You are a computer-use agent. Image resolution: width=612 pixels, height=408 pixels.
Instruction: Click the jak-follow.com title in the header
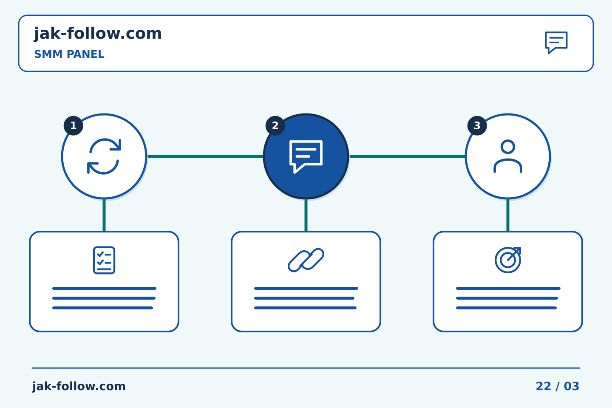click(x=98, y=34)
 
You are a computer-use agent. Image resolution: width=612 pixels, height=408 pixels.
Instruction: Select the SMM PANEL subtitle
click(x=69, y=54)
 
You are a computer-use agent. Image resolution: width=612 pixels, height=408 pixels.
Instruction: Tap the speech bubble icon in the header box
click(x=556, y=42)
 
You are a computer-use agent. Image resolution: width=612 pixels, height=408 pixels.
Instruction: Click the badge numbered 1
click(x=73, y=126)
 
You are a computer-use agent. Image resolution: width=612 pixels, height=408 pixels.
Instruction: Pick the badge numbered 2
click(x=275, y=126)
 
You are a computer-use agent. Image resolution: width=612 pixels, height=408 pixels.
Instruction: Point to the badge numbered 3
click(x=477, y=126)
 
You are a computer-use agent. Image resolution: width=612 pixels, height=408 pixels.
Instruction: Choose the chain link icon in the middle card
click(x=306, y=260)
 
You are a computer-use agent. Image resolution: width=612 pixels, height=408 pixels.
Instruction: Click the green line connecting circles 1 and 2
click(x=205, y=156)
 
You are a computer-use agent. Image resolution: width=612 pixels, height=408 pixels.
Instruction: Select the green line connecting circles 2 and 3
click(x=407, y=156)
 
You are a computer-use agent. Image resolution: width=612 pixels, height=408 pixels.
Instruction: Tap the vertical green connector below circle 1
click(x=104, y=215)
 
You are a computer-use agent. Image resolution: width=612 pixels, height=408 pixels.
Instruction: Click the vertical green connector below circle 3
click(x=508, y=215)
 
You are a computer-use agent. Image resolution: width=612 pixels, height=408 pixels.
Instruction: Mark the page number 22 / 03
click(x=557, y=386)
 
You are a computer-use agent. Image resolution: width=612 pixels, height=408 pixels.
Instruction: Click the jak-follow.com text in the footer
click(x=79, y=386)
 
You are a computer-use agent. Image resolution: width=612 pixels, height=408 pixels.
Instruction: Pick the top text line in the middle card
click(x=306, y=288)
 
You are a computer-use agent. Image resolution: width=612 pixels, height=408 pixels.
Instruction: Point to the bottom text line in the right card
click(x=506, y=308)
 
